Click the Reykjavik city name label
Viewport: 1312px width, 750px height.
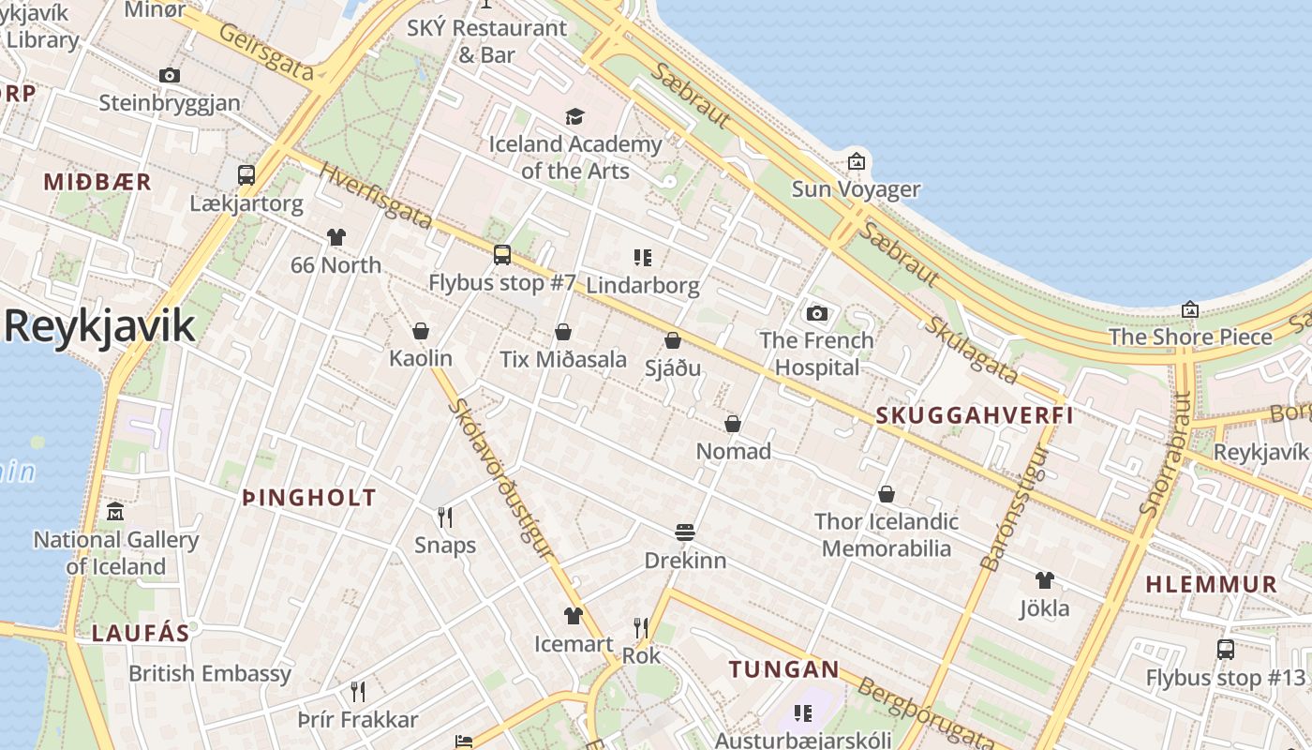tap(99, 326)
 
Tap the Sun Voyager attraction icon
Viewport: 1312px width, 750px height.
tap(856, 161)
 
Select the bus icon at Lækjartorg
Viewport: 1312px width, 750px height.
tap(246, 175)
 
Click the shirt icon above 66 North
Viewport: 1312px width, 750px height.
tap(335, 237)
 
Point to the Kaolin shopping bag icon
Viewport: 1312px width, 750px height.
tap(421, 331)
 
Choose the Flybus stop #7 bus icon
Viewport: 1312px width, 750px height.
tap(502, 254)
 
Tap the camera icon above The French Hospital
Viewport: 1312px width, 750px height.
tap(817, 313)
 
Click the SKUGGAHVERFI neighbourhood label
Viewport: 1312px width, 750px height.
tap(975, 415)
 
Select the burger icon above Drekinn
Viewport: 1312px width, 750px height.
tap(685, 532)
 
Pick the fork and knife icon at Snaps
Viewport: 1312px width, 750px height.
tap(445, 517)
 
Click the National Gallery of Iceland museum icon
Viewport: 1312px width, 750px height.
tap(115, 512)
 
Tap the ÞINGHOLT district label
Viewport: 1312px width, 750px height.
tap(309, 498)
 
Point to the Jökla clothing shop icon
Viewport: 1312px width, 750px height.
tap(1045, 580)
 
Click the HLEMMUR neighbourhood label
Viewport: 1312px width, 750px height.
tap(1212, 584)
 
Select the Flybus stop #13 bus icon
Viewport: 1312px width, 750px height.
tap(1225, 649)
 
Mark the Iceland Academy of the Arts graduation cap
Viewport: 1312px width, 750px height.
tap(574, 116)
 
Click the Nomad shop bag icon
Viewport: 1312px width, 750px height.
tap(733, 424)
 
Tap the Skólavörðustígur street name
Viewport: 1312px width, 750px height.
tap(502, 479)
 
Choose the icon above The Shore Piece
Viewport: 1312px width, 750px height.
tap(1190, 308)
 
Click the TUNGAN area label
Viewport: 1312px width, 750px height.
tap(784, 669)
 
